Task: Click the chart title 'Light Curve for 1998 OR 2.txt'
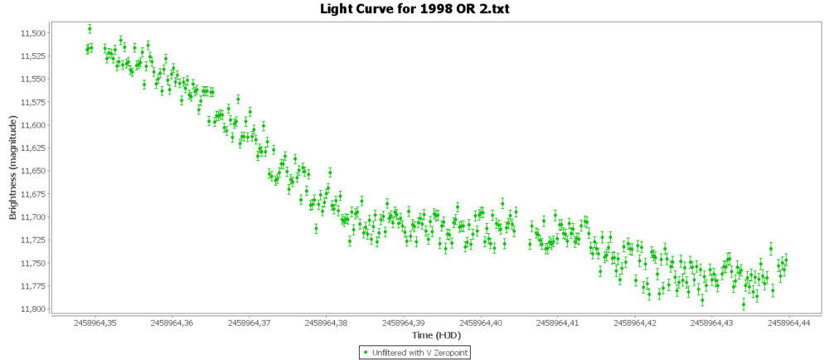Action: (x=414, y=9)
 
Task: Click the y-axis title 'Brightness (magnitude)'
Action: (x=13, y=168)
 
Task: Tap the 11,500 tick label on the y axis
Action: (x=32, y=33)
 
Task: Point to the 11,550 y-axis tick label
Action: (x=32, y=79)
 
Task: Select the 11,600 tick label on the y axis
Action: (x=32, y=125)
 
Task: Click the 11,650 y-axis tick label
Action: (x=32, y=171)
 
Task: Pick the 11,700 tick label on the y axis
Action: (x=32, y=217)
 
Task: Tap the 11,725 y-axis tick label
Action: (x=32, y=240)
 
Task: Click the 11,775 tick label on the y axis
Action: (x=32, y=286)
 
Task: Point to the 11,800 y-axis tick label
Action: (x=32, y=309)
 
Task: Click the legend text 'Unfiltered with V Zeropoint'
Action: (x=418, y=353)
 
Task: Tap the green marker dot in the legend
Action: (x=366, y=353)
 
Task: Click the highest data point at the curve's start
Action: (x=90, y=28)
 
